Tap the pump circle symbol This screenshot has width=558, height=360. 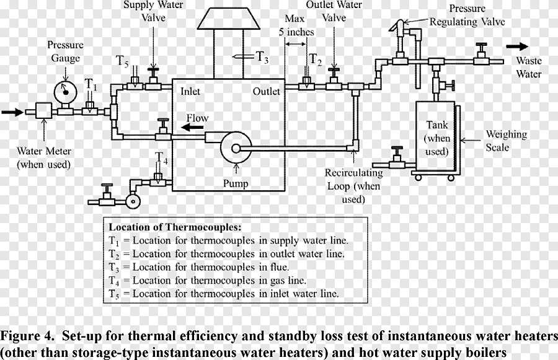(x=236, y=147)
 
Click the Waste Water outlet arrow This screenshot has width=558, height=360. (x=517, y=46)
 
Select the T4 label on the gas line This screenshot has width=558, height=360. (x=161, y=159)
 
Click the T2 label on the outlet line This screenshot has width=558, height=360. (x=316, y=60)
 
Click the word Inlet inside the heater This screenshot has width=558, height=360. (x=190, y=91)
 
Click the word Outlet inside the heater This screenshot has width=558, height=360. (x=266, y=91)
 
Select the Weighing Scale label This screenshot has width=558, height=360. (x=506, y=140)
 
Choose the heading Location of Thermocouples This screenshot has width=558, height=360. (x=175, y=227)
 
